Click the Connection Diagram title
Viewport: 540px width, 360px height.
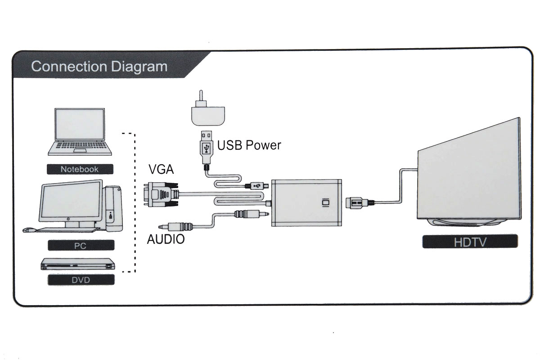click(x=99, y=67)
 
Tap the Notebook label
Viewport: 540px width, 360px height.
click(x=80, y=169)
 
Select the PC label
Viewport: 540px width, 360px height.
click(x=81, y=246)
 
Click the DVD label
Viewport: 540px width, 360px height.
click(x=81, y=280)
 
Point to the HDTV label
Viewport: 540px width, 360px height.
click(x=470, y=242)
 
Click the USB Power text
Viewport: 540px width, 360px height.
click(x=249, y=145)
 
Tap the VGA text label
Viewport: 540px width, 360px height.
click(x=161, y=170)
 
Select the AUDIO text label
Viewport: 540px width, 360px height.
click(x=166, y=239)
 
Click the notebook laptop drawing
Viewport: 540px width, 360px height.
click(x=80, y=132)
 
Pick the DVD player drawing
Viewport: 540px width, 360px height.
click(x=77, y=265)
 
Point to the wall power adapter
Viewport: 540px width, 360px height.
click(x=207, y=112)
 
